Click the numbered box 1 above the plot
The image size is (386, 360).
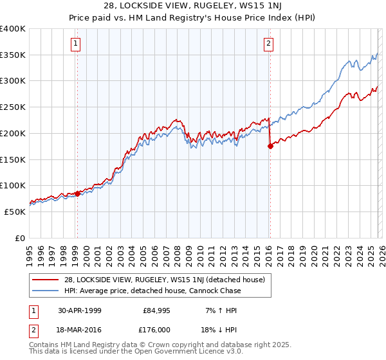click(x=76, y=44)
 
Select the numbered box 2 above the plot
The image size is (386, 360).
click(x=268, y=44)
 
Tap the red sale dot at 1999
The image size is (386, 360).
click(x=77, y=193)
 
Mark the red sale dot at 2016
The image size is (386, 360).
click(x=270, y=146)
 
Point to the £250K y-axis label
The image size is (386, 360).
click(x=13, y=107)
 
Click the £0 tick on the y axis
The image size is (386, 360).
click(x=19, y=238)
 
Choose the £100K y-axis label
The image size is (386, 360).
click(x=13, y=186)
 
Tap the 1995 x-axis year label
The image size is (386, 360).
click(x=29, y=252)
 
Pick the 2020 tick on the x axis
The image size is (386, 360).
click(x=313, y=252)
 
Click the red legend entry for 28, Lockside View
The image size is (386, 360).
click(x=161, y=280)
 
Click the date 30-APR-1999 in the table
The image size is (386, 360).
click(x=79, y=310)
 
